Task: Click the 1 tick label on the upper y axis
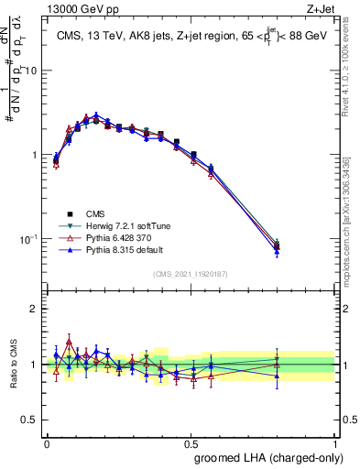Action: point(37,155)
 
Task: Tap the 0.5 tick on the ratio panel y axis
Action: point(33,420)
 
